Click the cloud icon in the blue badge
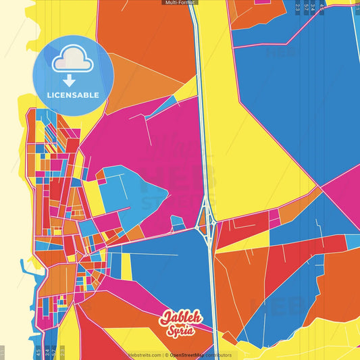click(72, 63)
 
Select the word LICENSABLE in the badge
click(73, 95)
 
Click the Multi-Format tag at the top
click(180, 3)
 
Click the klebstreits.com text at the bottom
click(145, 355)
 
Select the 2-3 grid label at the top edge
click(297, 7)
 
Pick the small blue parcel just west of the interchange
click(178, 222)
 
